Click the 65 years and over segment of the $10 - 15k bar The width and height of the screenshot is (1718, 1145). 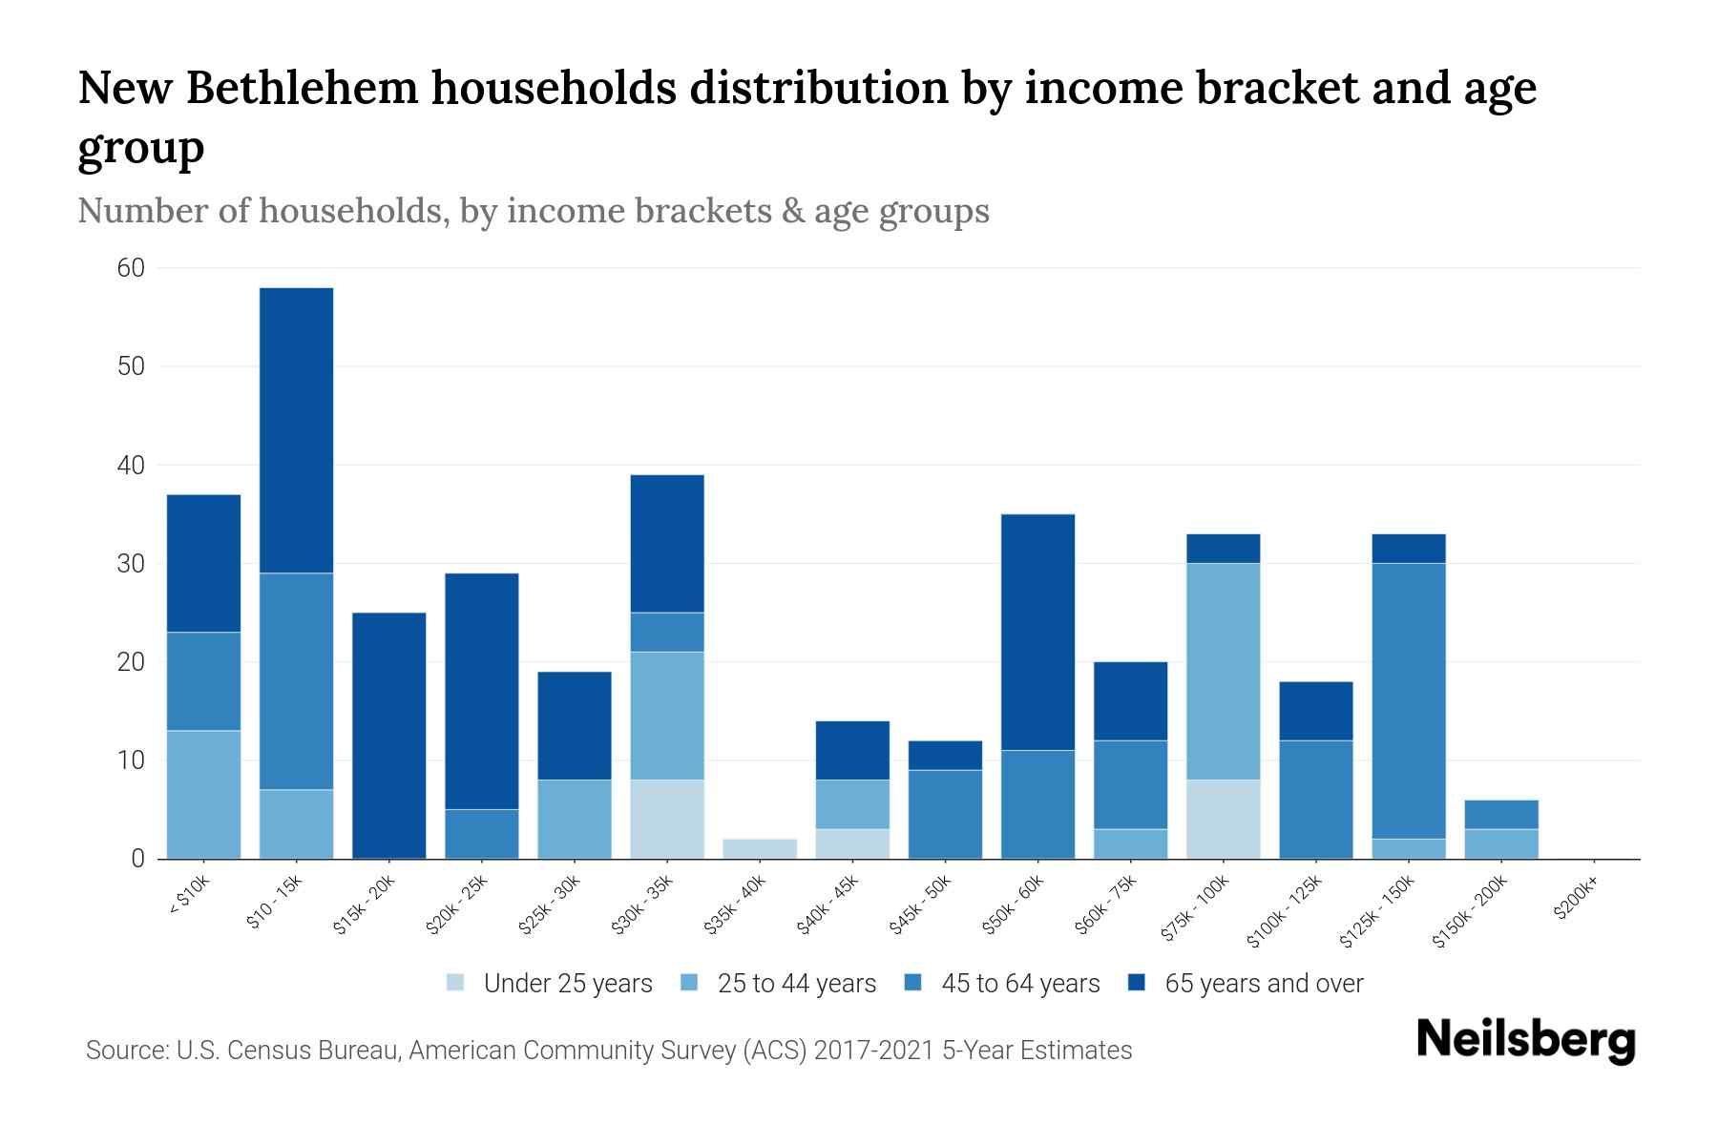(296, 429)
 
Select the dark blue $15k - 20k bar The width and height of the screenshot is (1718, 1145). (388, 735)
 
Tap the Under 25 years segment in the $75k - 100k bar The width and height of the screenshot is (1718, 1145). (1223, 819)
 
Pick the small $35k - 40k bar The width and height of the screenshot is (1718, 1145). (760, 848)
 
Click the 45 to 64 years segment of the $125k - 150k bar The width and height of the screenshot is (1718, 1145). (1408, 700)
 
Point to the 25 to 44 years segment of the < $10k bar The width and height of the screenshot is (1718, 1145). (203, 794)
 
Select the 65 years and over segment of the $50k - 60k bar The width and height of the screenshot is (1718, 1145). (1037, 632)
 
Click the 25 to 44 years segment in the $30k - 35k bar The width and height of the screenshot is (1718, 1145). (667, 716)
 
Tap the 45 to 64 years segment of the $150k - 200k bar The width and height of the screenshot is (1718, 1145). (1500, 814)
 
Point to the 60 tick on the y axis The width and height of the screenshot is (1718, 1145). (131, 268)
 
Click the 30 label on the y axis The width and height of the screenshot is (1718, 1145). (131, 564)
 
